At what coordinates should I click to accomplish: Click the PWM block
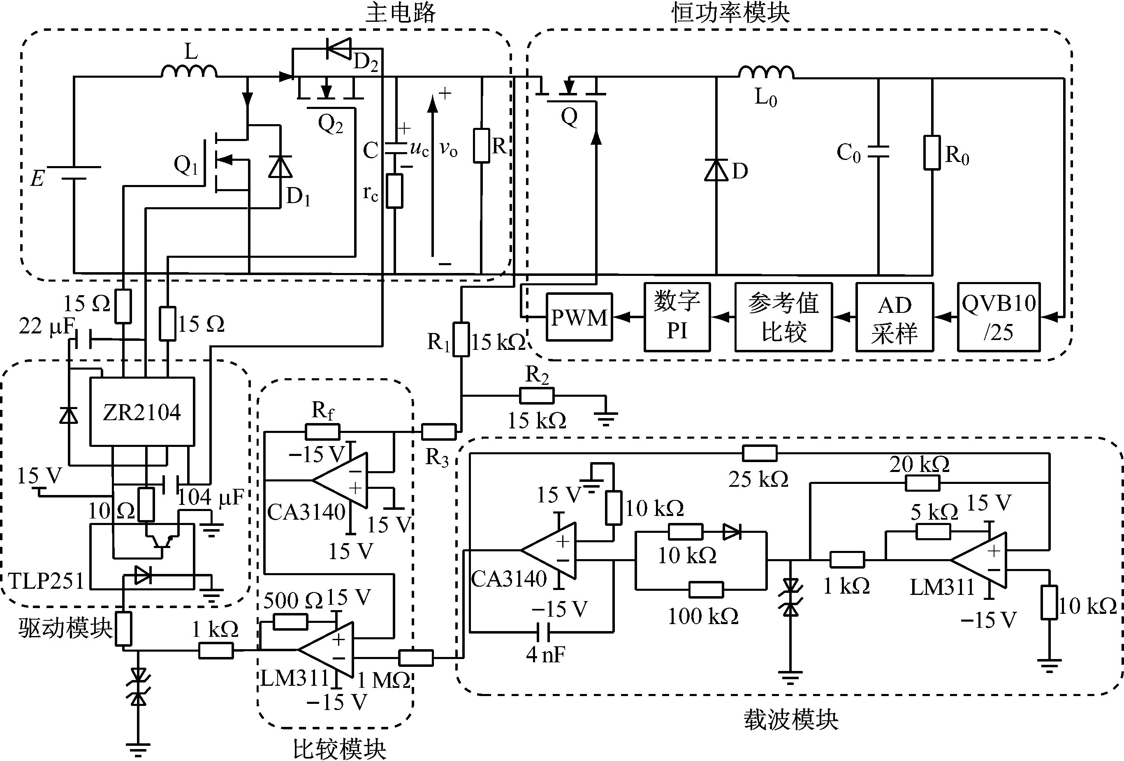[x=579, y=317]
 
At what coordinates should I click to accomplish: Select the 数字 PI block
[x=677, y=317]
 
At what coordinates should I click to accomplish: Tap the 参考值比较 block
[x=783, y=317]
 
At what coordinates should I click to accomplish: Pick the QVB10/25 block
[x=998, y=317]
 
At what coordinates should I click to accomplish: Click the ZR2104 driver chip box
[x=142, y=412]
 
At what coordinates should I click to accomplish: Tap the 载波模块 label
[x=791, y=719]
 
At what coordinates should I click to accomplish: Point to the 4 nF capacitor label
[x=545, y=655]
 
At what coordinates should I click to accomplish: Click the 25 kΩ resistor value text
[x=758, y=479]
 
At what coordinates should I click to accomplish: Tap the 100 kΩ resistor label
[x=703, y=616]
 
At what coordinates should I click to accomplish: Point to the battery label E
[x=37, y=178]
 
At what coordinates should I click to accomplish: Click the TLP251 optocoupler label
[x=46, y=581]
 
